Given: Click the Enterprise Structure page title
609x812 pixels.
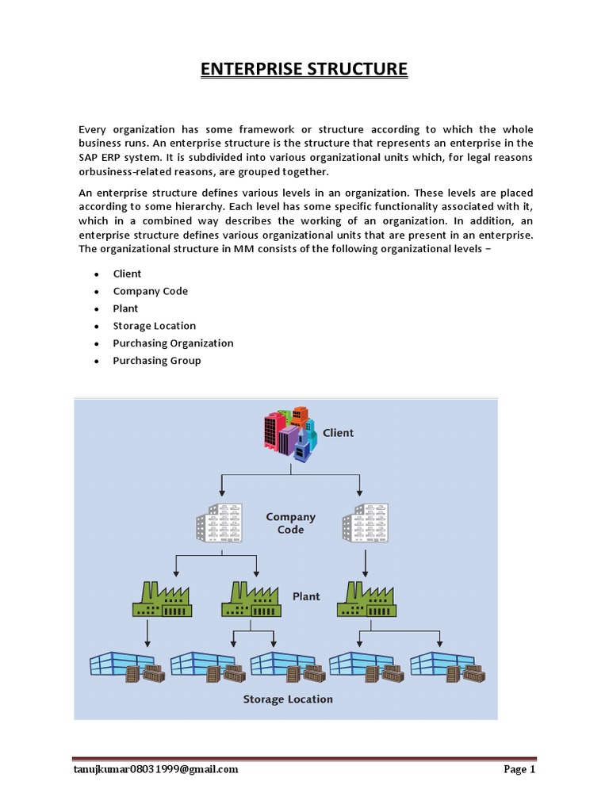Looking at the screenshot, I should (304, 69).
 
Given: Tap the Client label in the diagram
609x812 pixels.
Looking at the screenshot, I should (338, 433).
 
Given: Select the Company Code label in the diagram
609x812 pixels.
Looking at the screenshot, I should (290, 523).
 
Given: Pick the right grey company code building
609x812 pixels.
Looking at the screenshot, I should (364, 523).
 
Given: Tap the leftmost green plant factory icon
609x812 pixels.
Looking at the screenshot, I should (163, 600).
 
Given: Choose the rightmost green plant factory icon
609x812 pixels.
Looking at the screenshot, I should (366, 600).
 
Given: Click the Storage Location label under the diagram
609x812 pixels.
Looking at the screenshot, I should (288, 699).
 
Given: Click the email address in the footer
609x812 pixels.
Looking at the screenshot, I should (155, 769).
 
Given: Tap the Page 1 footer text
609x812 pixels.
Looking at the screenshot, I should (520, 769).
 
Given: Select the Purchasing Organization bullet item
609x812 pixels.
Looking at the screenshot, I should (173, 343).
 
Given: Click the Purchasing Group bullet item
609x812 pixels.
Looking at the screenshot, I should (156, 361).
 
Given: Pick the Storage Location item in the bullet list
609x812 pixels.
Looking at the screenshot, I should (154, 326).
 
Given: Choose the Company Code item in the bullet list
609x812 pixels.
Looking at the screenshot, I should (150, 291).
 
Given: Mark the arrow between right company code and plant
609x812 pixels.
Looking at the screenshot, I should (365, 561).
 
